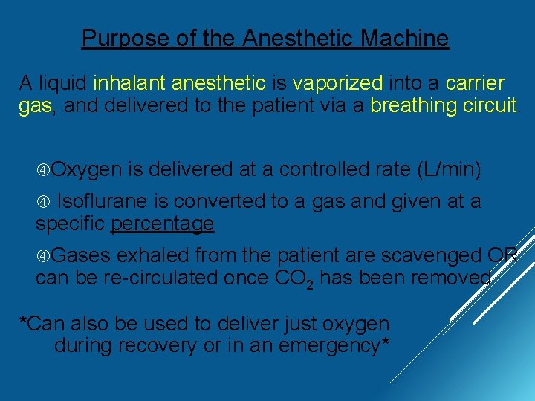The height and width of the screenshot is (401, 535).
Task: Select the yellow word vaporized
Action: click(x=338, y=83)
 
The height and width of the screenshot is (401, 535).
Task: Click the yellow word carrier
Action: click(x=475, y=83)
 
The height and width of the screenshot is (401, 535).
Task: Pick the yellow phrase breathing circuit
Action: click(x=444, y=105)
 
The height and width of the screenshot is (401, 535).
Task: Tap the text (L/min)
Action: click(x=450, y=170)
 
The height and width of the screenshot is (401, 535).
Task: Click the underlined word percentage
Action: click(x=162, y=224)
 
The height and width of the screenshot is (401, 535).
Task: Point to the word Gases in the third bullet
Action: click(x=82, y=255)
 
